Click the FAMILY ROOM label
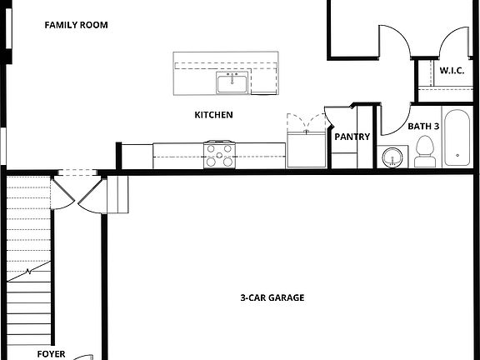pos(76,25)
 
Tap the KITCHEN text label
pos(213,115)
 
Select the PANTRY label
pos(352,137)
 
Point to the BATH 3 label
pos(423,127)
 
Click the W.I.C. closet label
pos(452,71)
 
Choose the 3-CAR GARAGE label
pos(272,297)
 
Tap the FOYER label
pos(51,354)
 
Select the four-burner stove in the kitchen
pos(220,155)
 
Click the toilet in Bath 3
pos(425,152)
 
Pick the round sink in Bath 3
pos(390,157)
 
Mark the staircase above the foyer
pos(28,250)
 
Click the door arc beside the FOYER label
pos(83,357)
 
